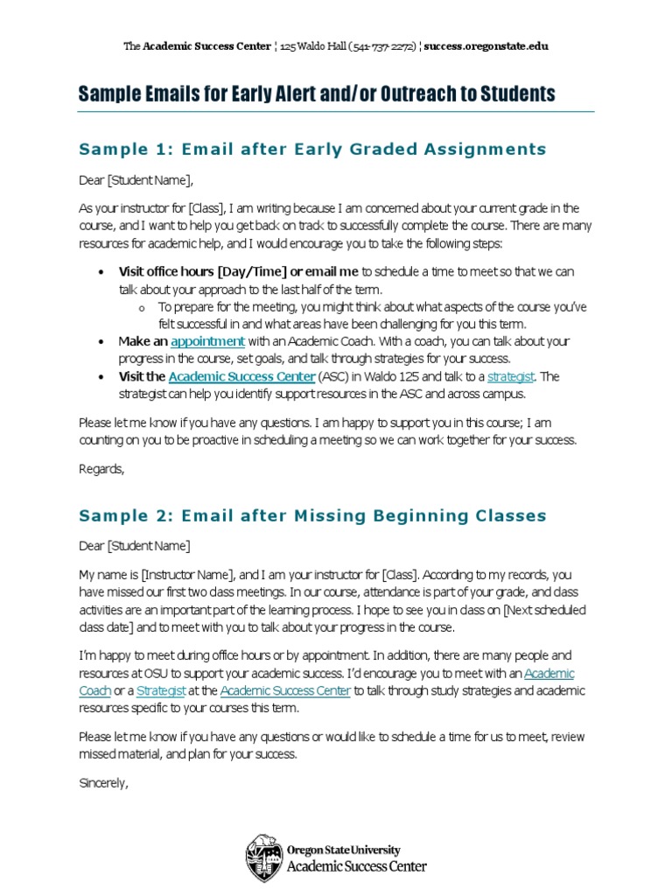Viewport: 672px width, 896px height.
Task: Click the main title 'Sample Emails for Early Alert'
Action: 317,94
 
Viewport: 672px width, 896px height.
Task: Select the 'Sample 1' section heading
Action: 312,149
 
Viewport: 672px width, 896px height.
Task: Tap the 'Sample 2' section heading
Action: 312,515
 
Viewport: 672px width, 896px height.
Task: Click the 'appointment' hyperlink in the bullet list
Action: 207,341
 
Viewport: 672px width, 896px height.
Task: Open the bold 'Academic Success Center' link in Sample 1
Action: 241,376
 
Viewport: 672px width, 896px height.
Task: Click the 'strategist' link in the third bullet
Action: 510,376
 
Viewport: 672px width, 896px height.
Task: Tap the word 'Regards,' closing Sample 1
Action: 101,469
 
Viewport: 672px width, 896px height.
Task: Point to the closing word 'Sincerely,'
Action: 103,783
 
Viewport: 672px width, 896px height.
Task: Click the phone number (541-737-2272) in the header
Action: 381,46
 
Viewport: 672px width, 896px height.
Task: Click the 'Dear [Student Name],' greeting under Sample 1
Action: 135,181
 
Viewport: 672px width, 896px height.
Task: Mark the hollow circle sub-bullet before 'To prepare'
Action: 141,307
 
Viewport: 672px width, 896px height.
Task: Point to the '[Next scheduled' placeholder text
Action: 545,610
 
